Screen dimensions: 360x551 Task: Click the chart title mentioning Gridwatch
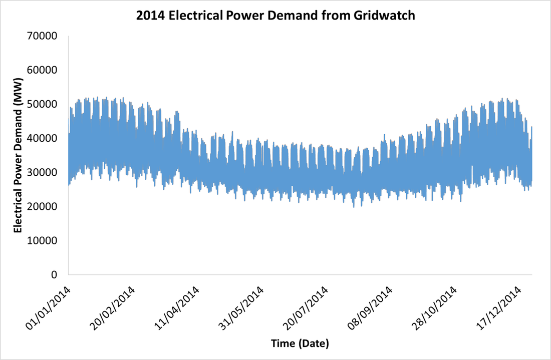[x=275, y=16]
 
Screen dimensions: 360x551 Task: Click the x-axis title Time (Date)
[x=300, y=344]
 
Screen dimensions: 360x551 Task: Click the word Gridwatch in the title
[x=386, y=16]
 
